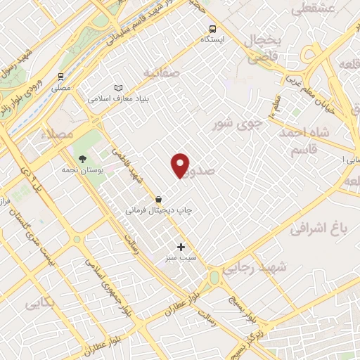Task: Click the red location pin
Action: click(181, 165)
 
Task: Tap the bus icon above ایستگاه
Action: click(212, 30)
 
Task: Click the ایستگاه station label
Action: click(212, 40)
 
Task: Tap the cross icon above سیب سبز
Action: click(181, 247)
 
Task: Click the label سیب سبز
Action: click(181, 258)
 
